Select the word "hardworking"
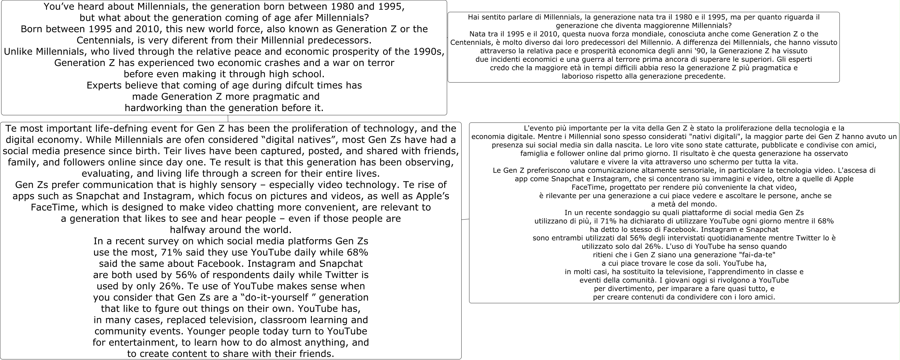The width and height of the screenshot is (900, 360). (x=154, y=108)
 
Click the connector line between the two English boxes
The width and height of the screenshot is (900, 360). (x=228, y=118)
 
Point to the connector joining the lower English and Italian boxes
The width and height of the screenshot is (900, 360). (x=465, y=219)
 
